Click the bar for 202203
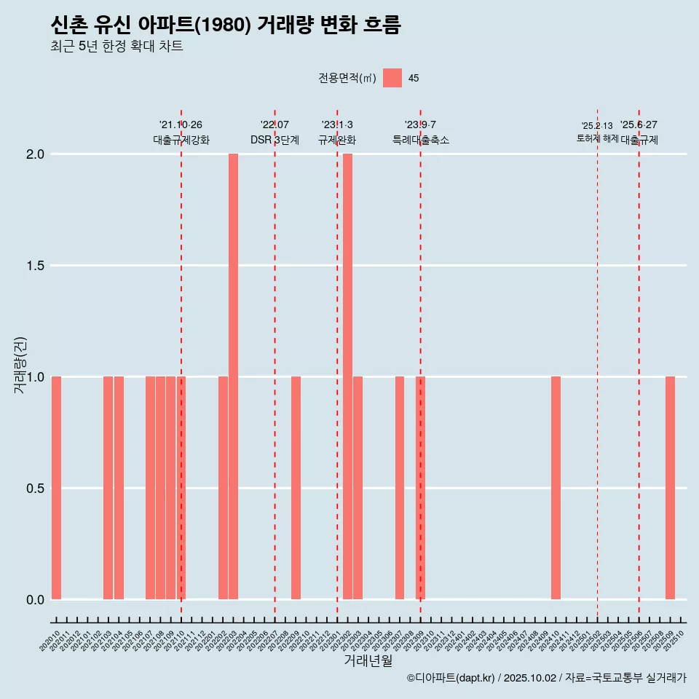tap(233, 376)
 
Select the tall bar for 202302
tap(347, 376)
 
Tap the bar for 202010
tap(56, 488)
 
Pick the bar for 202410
tap(556, 488)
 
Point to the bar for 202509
tap(670, 488)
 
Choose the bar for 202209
tap(296, 488)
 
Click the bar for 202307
tap(400, 488)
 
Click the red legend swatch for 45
tap(392, 78)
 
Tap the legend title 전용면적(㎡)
tap(347, 78)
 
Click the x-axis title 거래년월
tap(368, 661)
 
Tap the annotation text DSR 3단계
tap(275, 140)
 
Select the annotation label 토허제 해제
tap(597, 138)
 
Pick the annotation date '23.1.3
tap(337, 125)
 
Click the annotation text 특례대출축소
tap(420, 140)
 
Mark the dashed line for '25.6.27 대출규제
tap(639, 364)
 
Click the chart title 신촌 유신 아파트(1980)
tap(226, 25)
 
